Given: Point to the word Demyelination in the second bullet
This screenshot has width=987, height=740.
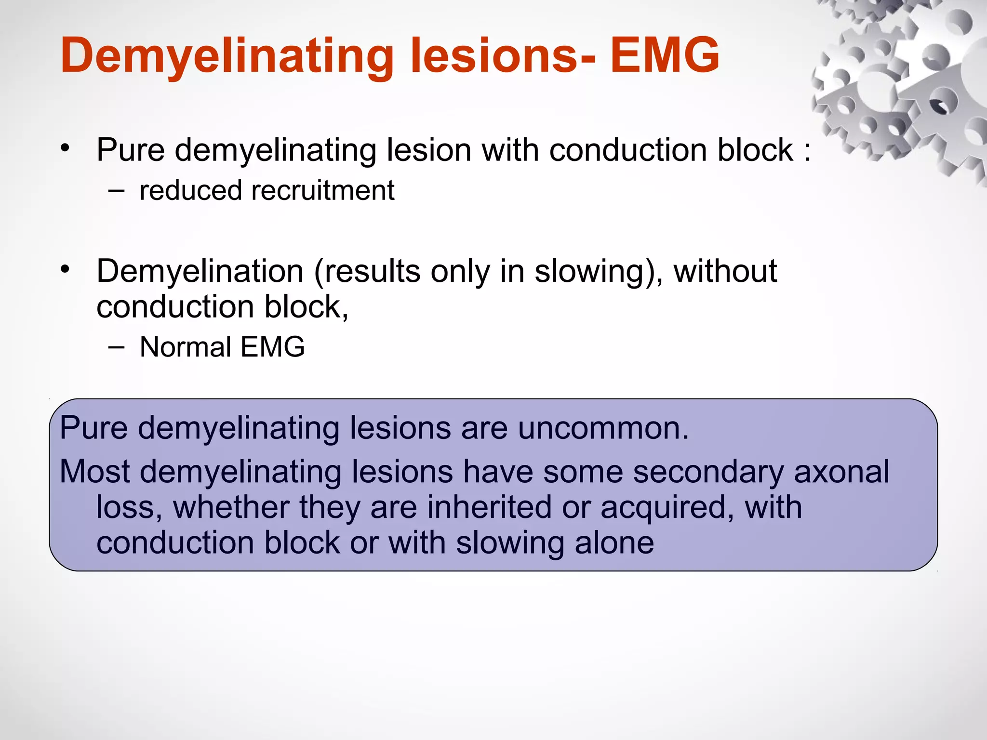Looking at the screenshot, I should coord(200,271).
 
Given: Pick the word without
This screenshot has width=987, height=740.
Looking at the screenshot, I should coord(725,271).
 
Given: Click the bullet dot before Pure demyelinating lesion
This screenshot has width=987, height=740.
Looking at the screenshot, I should coord(66,147).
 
